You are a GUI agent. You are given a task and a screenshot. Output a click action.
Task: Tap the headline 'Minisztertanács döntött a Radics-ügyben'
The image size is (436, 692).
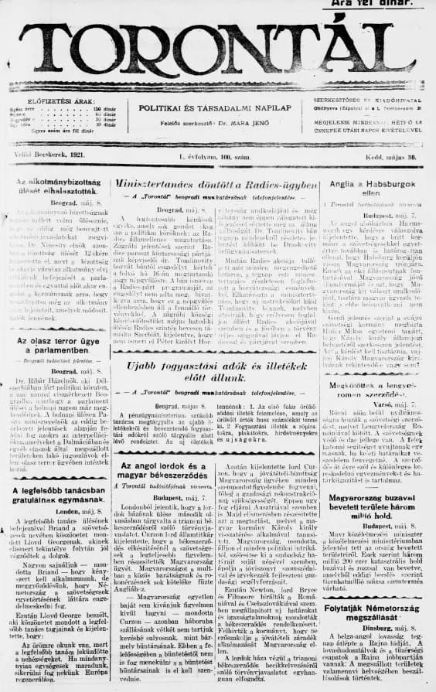click(216, 186)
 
